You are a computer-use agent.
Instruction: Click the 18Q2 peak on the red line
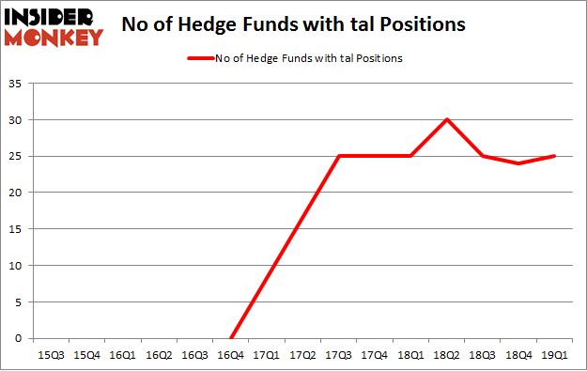point(447,119)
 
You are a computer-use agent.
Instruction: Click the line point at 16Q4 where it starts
point(231,338)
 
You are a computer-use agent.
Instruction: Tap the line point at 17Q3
point(339,156)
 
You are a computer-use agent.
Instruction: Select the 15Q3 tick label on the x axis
point(51,355)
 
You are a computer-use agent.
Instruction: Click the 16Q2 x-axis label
point(159,355)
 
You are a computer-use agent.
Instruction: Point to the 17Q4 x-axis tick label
point(375,355)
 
